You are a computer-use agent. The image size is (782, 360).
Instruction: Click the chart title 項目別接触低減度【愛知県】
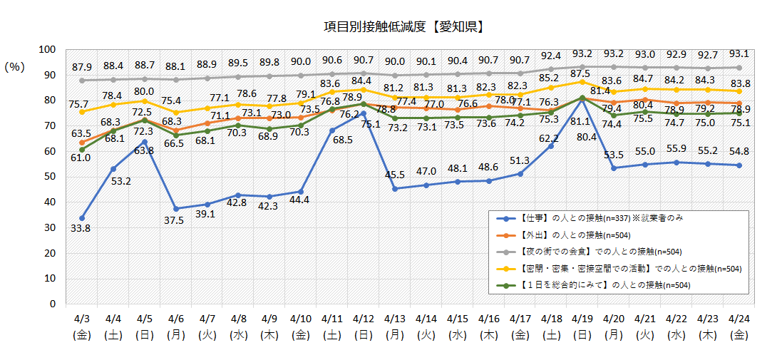tap(404, 27)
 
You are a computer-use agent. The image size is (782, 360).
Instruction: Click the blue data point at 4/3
tap(83, 217)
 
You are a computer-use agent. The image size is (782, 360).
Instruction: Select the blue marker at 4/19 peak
tap(582, 98)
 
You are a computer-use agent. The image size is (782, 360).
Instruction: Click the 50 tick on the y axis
tap(50, 177)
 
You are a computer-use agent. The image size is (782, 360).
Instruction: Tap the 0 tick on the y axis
tap(52, 304)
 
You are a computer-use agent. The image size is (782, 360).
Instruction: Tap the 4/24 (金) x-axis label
tap(739, 325)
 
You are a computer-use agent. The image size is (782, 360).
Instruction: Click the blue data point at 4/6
tap(176, 208)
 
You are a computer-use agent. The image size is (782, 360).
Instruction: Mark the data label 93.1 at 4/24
tap(739, 53)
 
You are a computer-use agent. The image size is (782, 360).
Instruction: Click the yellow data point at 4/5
tap(145, 101)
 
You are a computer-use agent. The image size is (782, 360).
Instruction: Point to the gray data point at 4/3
tap(83, 80)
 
